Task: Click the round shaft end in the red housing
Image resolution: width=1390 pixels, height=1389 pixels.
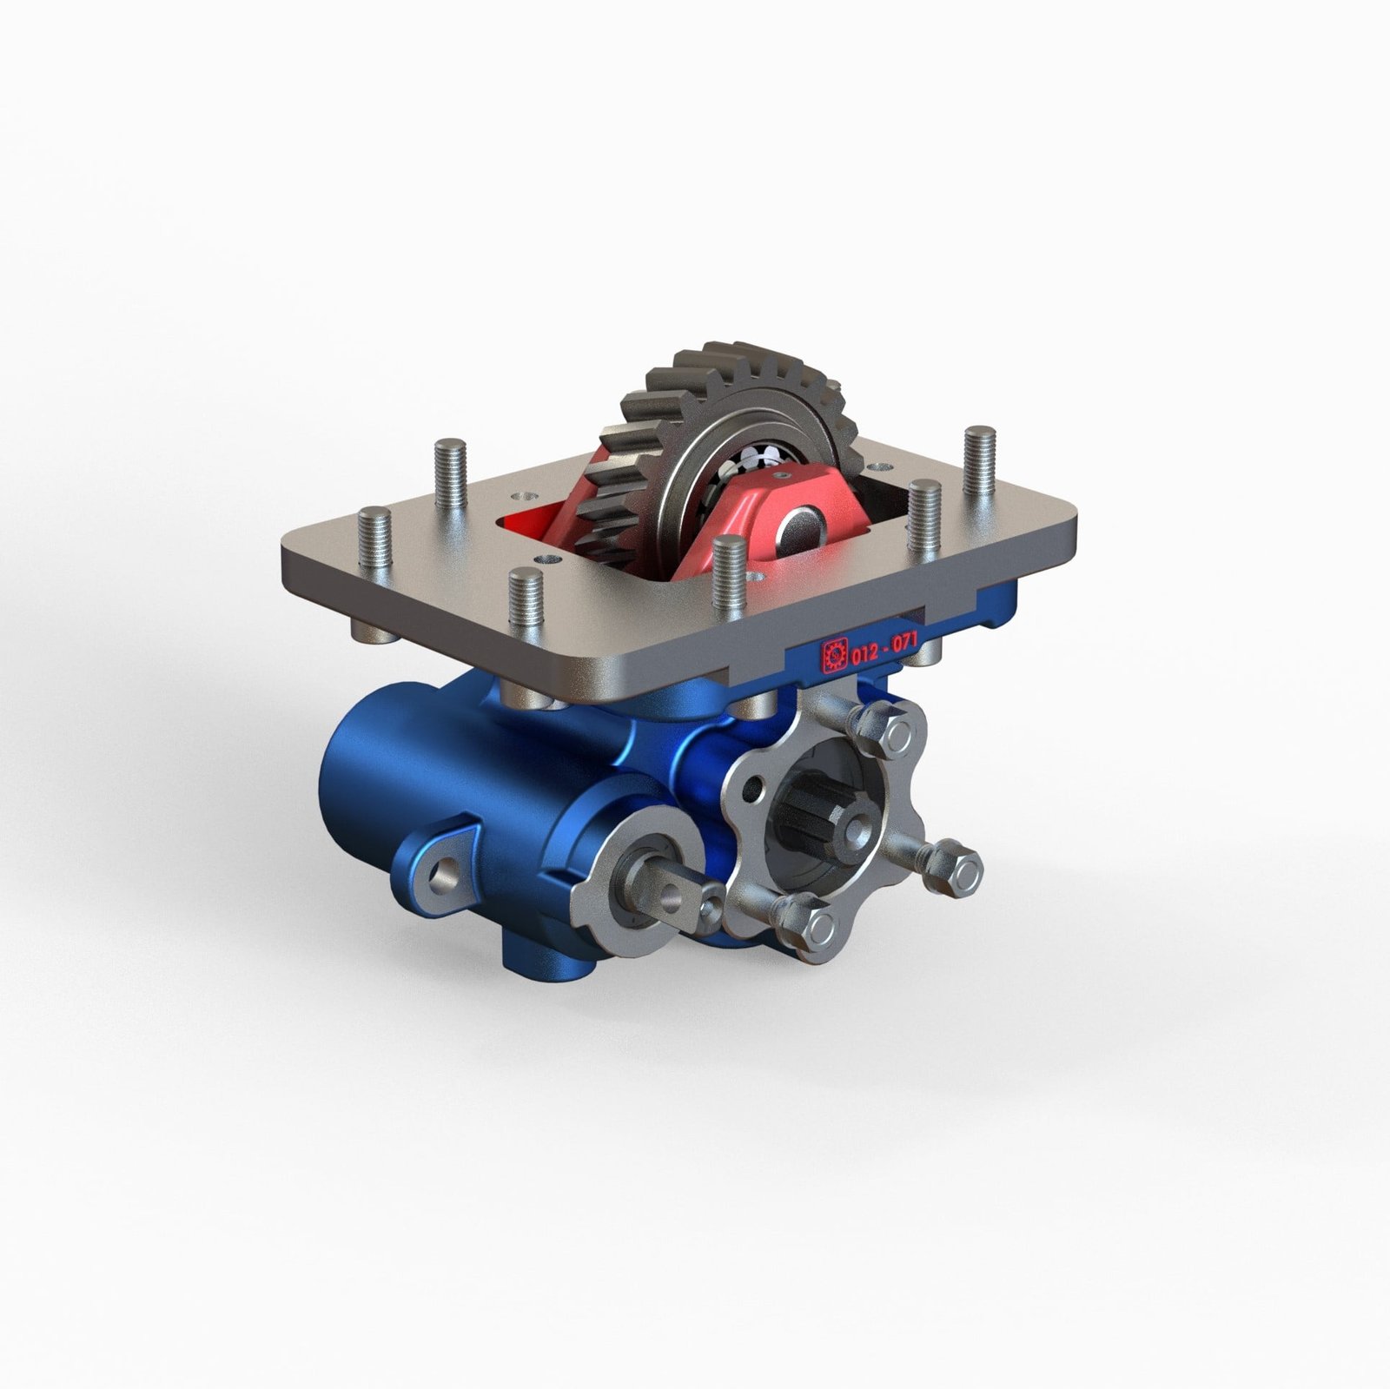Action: [x=799, y=526]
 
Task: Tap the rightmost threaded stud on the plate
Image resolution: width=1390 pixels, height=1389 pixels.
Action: [x=979, y=460]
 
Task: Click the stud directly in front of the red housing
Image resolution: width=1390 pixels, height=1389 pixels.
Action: [x=728, y=573]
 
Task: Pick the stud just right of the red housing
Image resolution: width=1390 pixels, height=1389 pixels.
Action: [x=924, y=519]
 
